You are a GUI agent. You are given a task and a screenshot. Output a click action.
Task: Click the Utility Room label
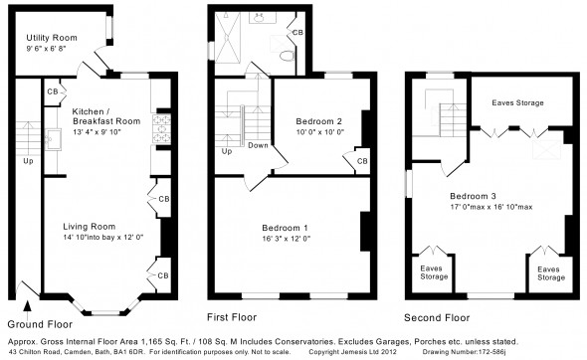coord(52,38)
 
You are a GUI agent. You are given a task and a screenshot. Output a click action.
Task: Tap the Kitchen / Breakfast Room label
coord(106,116)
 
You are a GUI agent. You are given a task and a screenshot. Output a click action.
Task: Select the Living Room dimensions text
coord(103,238)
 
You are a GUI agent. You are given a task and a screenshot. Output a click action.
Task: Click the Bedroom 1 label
coord(286,228)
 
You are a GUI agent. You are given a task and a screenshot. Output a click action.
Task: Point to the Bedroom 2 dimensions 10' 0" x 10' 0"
coord(320,131)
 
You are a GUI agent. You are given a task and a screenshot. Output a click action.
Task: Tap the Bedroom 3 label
coord(474,196)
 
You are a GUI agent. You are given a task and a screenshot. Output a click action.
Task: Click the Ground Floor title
coord(40,324)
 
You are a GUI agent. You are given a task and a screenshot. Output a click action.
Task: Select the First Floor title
coord(232,317)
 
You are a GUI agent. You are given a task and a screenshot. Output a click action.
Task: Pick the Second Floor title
coord(437,318)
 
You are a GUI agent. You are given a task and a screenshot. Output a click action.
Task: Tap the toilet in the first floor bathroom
coord(287,56)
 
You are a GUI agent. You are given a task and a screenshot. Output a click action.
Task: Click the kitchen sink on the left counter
coord(53,139)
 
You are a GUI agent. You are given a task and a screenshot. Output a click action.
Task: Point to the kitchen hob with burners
coord(161,129)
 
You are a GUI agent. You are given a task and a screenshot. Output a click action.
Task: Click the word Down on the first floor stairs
coord(258,145)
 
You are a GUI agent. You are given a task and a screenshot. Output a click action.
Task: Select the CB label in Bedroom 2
coord(362,161)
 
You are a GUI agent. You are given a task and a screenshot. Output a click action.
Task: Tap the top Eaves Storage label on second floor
coord(517,102)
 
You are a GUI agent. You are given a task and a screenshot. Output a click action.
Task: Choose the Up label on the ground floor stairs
coord(29,161)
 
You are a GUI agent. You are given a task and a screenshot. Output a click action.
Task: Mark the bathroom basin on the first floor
coord(260,17)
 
